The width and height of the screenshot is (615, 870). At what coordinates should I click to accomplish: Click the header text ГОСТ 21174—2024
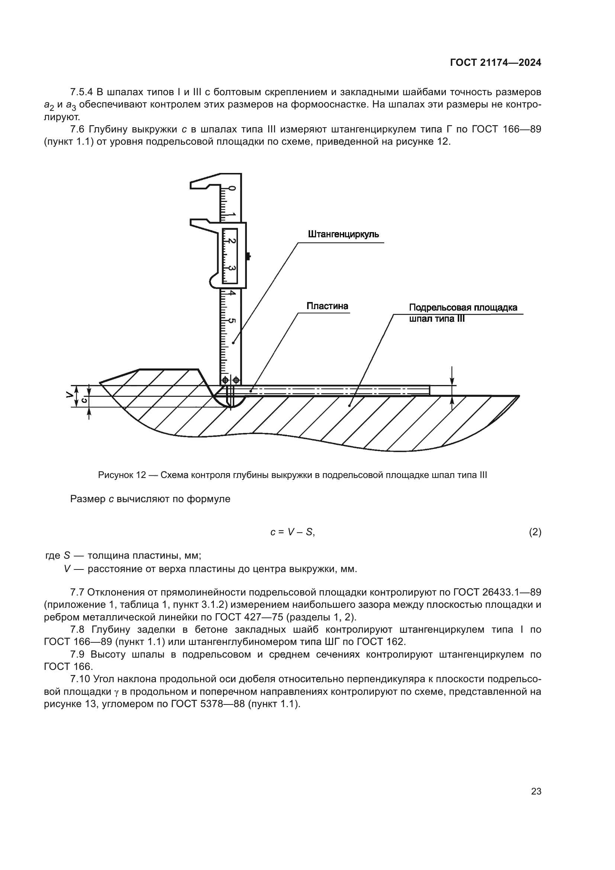click(495, 63)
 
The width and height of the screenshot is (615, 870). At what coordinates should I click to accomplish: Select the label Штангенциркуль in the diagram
click(344, 234)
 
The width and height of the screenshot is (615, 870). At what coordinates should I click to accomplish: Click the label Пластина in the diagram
click(327, 306)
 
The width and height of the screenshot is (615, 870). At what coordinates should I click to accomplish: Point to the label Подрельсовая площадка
click(463, 307)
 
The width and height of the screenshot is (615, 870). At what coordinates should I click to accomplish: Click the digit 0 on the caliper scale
click(232, 188)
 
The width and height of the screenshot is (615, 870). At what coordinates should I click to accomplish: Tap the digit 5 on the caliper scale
click(232, 321)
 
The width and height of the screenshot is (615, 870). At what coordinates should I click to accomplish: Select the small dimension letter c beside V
click(84, 400)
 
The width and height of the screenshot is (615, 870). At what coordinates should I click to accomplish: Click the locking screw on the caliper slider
click(248, 257)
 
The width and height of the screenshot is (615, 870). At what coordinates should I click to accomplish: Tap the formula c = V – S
click(292, 532)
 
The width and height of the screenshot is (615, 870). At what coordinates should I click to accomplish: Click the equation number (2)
click(535, 532)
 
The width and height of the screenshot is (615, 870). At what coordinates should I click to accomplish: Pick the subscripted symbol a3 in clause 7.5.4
click(71, 105)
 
